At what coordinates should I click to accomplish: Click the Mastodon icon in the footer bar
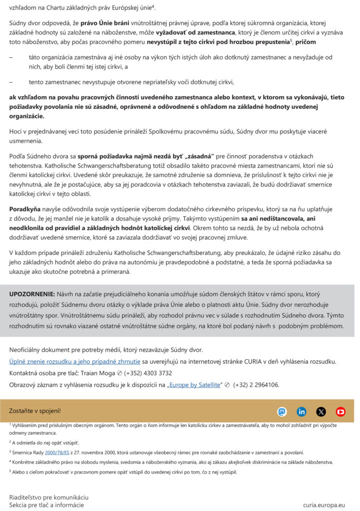click(282, 412)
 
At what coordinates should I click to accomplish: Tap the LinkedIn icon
click(302, 412)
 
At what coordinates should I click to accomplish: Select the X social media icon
click(321, 412)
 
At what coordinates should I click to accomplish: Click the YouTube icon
click(341, 412)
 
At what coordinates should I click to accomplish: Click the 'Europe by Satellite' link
click(194, 385)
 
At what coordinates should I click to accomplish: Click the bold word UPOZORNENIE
click(32, 294)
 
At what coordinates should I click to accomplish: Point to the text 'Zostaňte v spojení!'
click(35, 411)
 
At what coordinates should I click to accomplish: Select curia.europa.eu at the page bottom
click(324, 505)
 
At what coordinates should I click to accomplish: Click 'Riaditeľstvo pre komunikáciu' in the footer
click(49, 497)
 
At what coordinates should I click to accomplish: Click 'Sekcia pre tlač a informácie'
click(46, 505)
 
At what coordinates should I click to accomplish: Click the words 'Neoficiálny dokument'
click(41, 349)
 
